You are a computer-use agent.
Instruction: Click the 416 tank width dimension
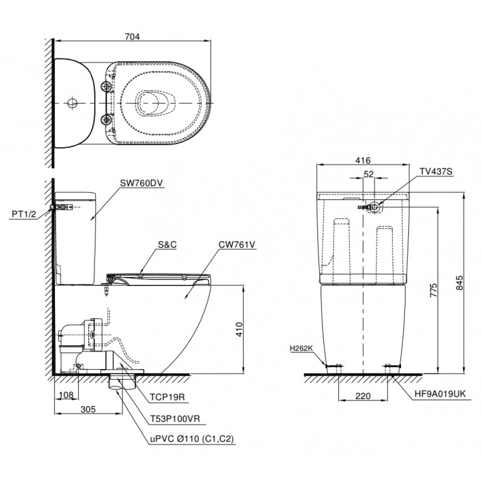[362, 161]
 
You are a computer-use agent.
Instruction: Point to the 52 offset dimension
[369, 176]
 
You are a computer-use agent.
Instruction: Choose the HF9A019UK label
[440, 393]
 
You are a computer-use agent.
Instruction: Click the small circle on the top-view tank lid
[72, 103]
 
